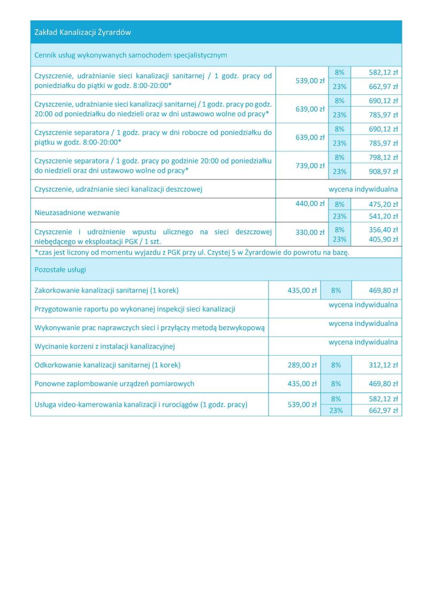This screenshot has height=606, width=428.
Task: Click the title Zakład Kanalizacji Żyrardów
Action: click(82, 32)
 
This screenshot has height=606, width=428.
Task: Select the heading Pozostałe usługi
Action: click(60, 270)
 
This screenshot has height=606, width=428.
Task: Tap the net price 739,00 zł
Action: click(310, 166)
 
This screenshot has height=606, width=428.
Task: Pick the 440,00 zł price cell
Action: click(310, 204)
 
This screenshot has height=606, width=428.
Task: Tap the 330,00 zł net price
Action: click(310, 232)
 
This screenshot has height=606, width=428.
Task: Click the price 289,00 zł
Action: click(302, 365)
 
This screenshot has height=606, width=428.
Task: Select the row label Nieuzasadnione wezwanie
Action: click(77, 213)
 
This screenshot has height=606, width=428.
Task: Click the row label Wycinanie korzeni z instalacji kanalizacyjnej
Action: click(105, 346)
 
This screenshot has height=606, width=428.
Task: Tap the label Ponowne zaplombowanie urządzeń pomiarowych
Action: click(114, 384)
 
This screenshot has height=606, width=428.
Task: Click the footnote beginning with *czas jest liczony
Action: click(192, 252)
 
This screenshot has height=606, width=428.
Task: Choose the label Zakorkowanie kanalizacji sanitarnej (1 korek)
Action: click(106, 290)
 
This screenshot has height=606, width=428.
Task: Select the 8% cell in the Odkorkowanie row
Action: click(336, 365)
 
